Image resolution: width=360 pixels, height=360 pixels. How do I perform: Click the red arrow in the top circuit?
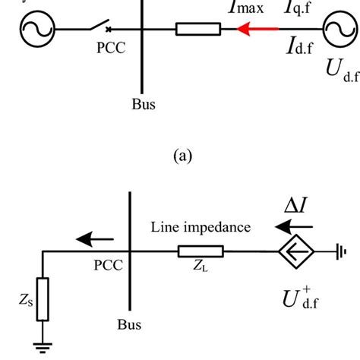tap(254, 30)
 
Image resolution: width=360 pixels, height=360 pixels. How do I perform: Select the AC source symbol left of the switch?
tap(33, 30)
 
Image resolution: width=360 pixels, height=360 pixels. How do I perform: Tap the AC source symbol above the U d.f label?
tap(334, 29)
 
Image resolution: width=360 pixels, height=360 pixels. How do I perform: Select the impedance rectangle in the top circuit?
tap(198, 30)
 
